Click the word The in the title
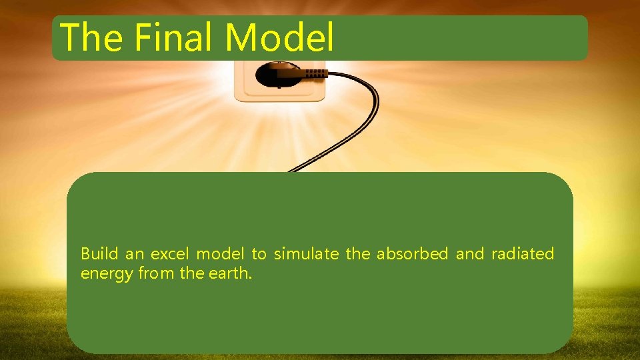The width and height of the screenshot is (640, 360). click(x=91, y=37)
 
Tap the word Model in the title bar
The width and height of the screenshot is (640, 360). click(x=279, y=37)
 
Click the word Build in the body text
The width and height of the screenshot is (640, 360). click(x=99, y=254)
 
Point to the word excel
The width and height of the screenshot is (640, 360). click(x=170, y=254)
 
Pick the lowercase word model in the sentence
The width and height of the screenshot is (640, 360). click(x=220, y=254)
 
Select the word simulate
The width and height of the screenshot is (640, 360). click(x=306, y=254)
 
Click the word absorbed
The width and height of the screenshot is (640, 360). click(x=413, y=254)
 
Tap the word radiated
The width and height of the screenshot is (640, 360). click(x=523, y=254)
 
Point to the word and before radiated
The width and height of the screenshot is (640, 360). click(x=470, y=254)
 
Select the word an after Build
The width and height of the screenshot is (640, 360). click(x=134, y=254)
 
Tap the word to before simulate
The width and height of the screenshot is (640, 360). click(x=259, y=254)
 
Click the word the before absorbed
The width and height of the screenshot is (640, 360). click(x=357, y=254)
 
